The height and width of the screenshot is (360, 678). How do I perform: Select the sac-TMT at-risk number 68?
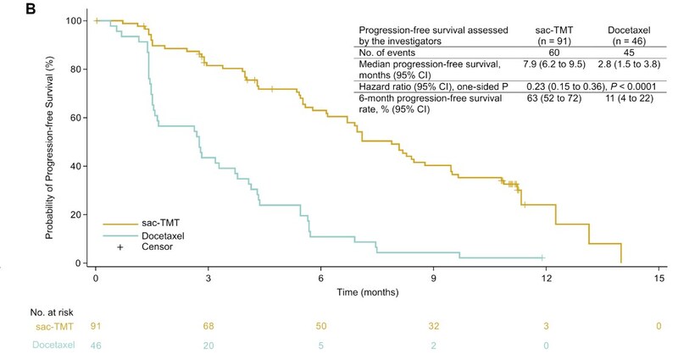tap(208, 325)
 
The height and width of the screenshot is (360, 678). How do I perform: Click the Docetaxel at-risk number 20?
tap(208, 345)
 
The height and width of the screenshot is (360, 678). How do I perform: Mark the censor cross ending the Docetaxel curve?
tap(542, 258)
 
